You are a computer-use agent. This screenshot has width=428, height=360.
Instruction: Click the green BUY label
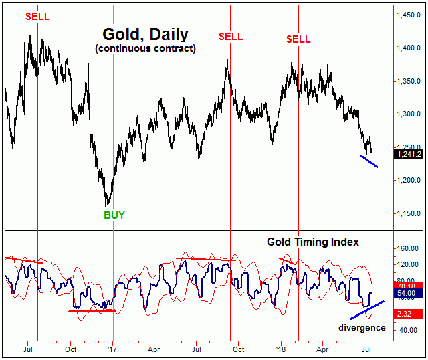[114, 215]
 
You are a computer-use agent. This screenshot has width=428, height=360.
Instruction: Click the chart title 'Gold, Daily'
[144, 34]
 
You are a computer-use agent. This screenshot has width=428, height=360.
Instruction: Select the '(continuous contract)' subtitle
[144, 48]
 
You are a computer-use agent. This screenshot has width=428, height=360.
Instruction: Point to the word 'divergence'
[362, 327]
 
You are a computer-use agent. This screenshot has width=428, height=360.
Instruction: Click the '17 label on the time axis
[113, 349]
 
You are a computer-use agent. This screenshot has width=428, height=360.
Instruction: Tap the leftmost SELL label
[37, 15]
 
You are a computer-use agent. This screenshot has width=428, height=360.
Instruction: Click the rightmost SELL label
[298, 39]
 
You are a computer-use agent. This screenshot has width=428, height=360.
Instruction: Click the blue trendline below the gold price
[369, 161]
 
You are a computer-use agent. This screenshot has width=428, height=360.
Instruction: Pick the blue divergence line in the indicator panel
[368, 310]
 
